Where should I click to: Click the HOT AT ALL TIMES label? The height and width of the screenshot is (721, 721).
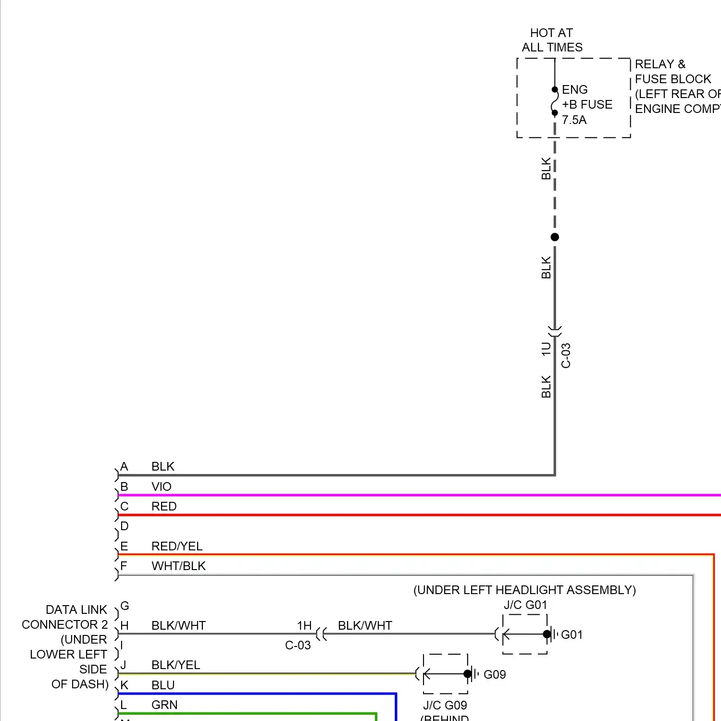[552, 40]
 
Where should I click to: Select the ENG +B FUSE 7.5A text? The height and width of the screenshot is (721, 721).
[586, 105]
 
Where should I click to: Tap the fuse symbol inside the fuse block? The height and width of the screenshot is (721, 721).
[555, 101]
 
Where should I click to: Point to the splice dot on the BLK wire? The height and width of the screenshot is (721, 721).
[555, 237]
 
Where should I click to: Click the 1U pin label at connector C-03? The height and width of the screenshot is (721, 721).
[546, 348]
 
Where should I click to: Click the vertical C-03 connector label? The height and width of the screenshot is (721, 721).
[566, 355]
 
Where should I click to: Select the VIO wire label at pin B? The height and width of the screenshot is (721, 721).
[161, 486]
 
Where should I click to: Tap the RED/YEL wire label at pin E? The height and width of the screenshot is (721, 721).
[177, 546]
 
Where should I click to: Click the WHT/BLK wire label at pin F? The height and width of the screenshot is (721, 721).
[178, 566]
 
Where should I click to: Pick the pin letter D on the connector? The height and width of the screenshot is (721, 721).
[124, 526]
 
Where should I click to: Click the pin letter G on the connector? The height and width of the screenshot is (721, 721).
[124, 606]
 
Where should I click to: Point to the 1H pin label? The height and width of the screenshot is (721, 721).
[304, 625]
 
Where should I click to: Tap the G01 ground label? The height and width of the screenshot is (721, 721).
[572, 634]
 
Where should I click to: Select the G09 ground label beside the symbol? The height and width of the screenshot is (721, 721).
[495, 674]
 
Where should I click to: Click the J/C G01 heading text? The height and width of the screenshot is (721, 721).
[525, 605]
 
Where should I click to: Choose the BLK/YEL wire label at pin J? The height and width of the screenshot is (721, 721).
[175, 665]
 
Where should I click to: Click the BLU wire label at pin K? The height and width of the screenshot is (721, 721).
[163, 685]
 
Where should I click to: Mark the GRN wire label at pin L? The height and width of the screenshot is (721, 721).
[164, 705]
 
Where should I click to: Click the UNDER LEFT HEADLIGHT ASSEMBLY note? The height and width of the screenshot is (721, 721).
[524, 590]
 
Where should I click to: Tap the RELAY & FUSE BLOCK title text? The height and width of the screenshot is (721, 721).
[672, 72]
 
